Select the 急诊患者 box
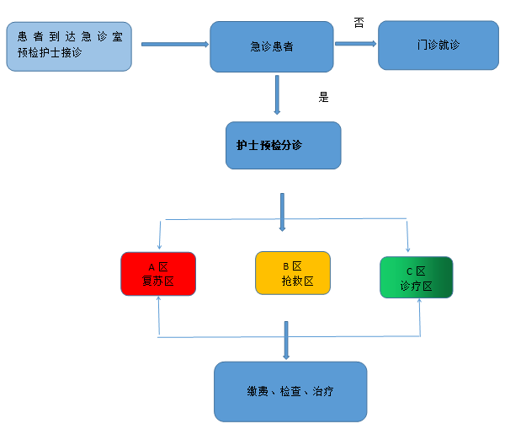(272, 46)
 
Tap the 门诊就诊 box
(437, 45)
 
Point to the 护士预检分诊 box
(283, 145)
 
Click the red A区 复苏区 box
(158, 273)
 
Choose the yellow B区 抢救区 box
(292, 272)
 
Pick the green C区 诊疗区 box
(417, 277)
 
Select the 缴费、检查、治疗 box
(290, 391)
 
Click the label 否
(359, 23)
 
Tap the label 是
(323, 97)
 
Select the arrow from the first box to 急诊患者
(174, 43)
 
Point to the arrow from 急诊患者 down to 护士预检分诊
(277, 94)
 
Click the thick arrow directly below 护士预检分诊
(282, 212)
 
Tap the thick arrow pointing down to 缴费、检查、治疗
(287, 340)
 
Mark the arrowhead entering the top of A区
(159, 247)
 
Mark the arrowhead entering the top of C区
(408, 249)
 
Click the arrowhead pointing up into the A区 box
(158, 300)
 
